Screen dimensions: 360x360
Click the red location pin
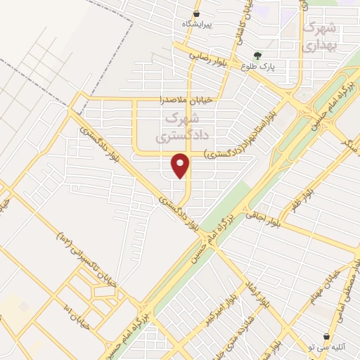click(x=181, y=165)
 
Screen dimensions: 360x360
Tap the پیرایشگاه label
click(x=198, y=24)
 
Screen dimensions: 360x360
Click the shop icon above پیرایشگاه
click(x=197, y=13)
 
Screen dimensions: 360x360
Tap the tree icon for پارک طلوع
click(x=259, y=56)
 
